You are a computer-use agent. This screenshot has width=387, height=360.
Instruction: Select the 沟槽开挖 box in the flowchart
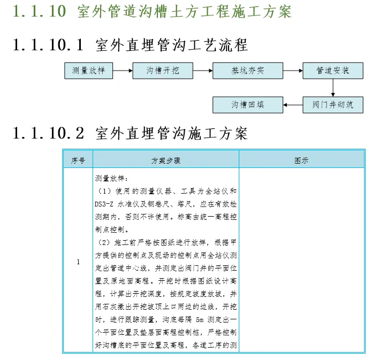click(163, 71)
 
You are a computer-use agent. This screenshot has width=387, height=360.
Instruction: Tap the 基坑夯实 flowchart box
click(248, 71)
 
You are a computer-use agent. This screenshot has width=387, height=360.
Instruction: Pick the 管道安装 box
click(332, 71)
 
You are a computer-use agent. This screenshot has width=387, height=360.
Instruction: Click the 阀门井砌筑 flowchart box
click(332, 105)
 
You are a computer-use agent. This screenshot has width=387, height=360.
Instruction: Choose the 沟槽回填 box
click(248, 105)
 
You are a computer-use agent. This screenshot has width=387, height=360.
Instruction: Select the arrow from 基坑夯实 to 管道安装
click(292, 71)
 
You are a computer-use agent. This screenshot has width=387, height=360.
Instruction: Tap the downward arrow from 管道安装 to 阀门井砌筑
click(333, 88)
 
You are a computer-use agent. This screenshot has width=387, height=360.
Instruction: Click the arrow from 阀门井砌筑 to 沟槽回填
click(293, 105)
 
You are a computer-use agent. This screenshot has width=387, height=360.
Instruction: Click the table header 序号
click(78, 160)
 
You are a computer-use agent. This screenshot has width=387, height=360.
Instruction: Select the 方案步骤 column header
click(166, 160)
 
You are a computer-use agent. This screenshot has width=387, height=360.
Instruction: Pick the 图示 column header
click(301, 160)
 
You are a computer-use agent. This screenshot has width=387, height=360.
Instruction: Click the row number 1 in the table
click(78, 262)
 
